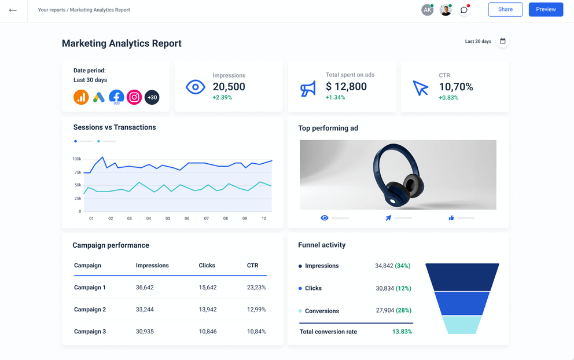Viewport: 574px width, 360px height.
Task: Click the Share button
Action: [505, 9]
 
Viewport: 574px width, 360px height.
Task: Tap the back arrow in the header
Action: [13, 10]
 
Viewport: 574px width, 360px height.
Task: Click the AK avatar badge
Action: [427, 10]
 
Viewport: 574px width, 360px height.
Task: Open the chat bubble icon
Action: [464, 10]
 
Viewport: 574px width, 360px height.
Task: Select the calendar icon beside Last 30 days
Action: [503, 41]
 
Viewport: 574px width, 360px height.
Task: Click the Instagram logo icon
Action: [134, 97]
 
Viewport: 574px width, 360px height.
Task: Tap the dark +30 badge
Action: [152, 97]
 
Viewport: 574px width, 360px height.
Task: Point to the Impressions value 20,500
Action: [229, 87]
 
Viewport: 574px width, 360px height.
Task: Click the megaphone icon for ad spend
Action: [308, 89]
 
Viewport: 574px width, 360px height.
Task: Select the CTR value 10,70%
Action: [456, 87]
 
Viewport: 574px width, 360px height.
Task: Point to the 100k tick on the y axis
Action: [76, 159]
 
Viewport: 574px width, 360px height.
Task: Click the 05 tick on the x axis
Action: [168, 219]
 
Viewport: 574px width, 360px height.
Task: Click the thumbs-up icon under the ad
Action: [451, 218]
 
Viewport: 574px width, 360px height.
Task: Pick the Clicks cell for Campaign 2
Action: [208, 310]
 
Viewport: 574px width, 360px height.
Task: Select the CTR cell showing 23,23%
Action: [256, 288]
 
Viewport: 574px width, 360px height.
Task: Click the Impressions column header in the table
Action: [152, 266]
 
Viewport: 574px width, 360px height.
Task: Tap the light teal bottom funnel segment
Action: [462, 325]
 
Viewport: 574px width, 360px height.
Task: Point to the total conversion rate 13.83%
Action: [402, 332]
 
